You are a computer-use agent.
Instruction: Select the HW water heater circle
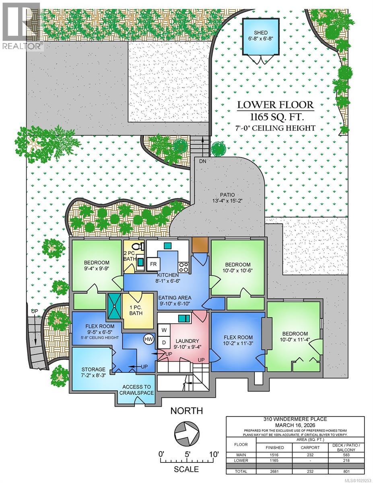(148, 340)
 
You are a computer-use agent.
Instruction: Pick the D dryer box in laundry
(163, 343)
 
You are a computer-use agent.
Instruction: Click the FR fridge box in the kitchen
(153, 264)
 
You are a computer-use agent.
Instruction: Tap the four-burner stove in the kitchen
(183, 266)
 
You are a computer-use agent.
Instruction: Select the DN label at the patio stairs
(202, 161)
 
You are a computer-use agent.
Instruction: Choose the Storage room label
(93, 369)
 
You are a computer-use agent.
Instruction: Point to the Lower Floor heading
(275, 105)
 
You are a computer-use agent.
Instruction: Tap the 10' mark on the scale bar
(212, 454)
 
